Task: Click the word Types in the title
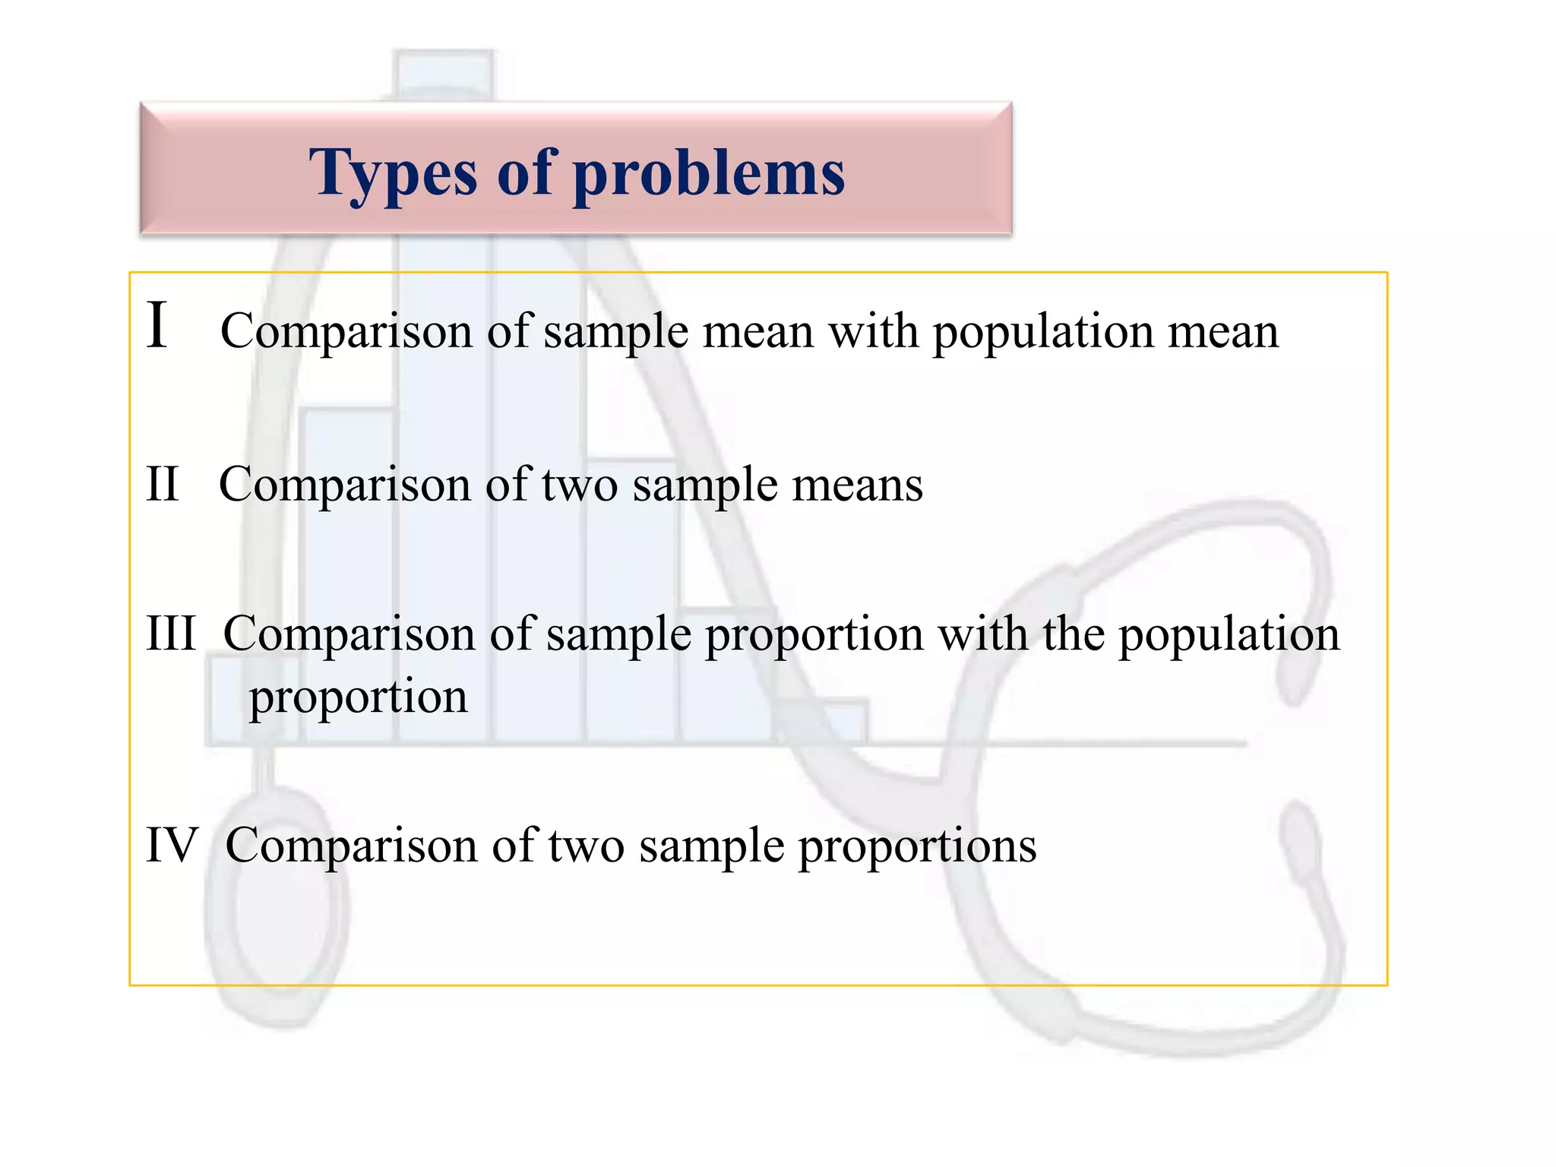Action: point(393,173)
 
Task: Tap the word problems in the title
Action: point(709,173)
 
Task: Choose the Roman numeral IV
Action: point(172,844)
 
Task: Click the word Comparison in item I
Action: point(346,332)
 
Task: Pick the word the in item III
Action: point(1074,633)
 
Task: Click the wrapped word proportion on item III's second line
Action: point(359,697)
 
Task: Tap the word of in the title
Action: point(525,173)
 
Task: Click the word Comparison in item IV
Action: point(351,845)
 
